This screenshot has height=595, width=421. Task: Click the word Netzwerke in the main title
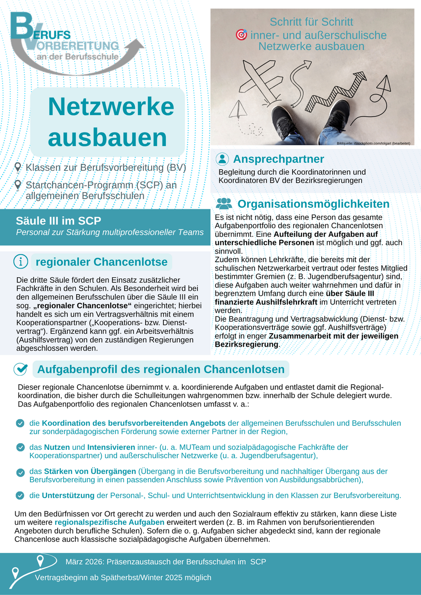click(x=111, y=106)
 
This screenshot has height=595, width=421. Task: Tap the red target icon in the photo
click(x=241, y=35)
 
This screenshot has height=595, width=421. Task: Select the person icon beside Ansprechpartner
click(x=222, y=159)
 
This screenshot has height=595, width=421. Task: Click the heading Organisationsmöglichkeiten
click(x=313, y=204)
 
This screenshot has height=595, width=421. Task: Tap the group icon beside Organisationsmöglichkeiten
click(x=224, y=204)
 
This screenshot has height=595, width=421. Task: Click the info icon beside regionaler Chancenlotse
click(x=21, y=261)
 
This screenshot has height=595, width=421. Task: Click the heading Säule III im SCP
click(x=59, y=221)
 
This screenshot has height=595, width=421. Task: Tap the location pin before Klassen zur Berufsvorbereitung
click(x=18, y=167)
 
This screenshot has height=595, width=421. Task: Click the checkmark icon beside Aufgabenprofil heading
click(x=21, y=369)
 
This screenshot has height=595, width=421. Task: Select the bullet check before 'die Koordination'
click(x=20, y=423)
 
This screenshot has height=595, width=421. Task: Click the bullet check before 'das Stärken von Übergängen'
click(x=20, y=472)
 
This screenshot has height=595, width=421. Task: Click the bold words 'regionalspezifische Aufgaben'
click(x=109, y=522)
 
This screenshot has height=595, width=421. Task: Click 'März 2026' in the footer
click(x=84, y=562)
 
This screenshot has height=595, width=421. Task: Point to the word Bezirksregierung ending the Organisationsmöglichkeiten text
click(x=246, y=344)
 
